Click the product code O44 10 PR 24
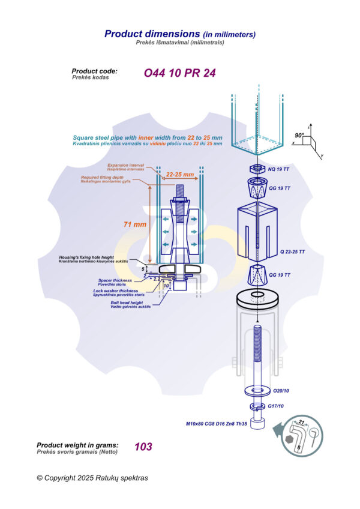[179, 73]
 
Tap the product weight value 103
[143, 447]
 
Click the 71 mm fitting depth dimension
[135, 224]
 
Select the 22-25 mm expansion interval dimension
[180, 175]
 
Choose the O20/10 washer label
[282, 391]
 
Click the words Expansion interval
[126, 165]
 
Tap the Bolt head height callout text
[127, 303]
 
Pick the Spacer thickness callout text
[115, 280]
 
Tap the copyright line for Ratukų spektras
[92, 478]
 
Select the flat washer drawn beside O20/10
[257, 391]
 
